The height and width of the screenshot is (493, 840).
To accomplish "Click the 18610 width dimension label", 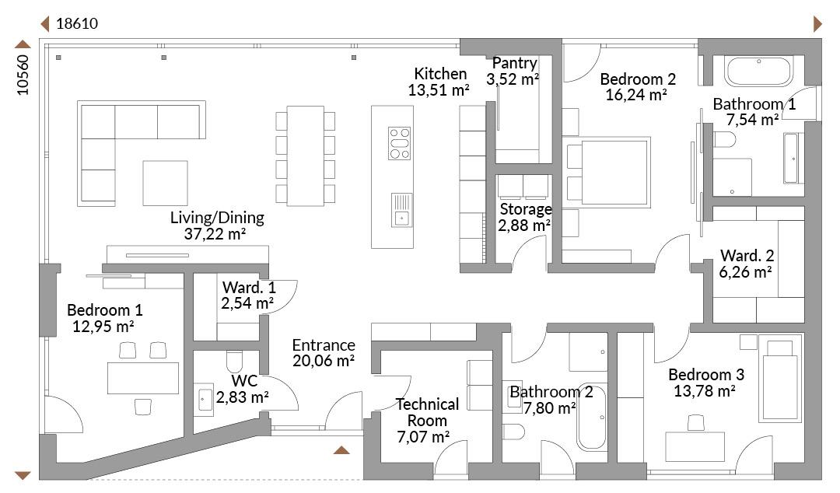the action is [77, 23].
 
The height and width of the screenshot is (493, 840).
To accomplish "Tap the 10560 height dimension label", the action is [23, 75].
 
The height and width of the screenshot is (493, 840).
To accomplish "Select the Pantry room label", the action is [514, 63].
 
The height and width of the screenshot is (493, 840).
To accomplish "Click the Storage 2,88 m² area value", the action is [524, 226].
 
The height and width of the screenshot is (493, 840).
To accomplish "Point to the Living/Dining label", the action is [217, 218].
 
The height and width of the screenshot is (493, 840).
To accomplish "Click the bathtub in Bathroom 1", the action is [758, 71].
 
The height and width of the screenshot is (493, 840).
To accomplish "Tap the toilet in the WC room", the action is [235, 361].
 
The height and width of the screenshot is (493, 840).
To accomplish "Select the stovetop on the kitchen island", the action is [400, 143].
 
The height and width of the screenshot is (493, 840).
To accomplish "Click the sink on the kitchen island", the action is [402, 210].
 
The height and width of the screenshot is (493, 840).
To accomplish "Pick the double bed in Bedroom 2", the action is [609, 172].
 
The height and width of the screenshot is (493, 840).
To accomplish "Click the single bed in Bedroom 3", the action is [780, 379].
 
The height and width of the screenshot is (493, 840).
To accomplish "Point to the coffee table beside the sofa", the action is [165, 183].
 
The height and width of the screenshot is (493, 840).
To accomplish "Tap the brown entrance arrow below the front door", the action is [341, 449].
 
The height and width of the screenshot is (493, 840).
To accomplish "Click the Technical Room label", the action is [427, 412].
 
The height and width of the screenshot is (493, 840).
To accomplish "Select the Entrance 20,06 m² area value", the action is [324, 361].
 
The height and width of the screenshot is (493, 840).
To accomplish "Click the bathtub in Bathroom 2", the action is [591, 417].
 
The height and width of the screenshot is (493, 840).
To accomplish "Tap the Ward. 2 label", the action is [747, 255].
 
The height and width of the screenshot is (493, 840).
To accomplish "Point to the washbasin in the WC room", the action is [205, 399].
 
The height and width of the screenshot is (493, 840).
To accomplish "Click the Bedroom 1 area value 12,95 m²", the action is [103, 326].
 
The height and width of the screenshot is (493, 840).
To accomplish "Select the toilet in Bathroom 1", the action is [724, 140].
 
